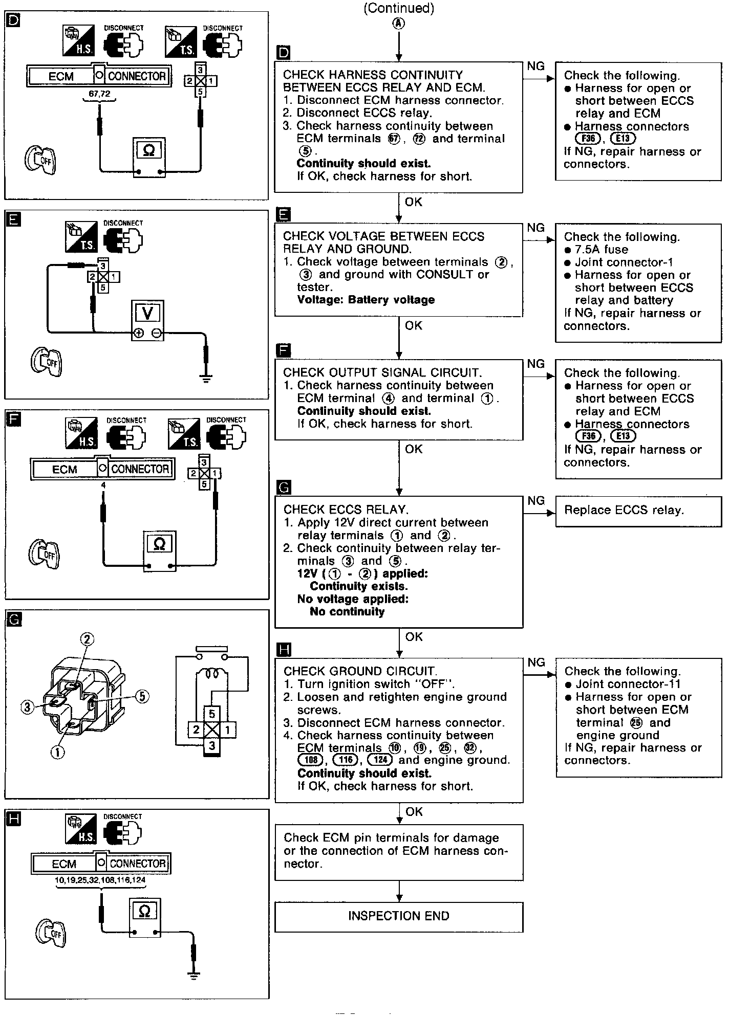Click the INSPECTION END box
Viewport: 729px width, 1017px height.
click(x=398, y=916)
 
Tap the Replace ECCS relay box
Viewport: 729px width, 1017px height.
click(x=638, y=511)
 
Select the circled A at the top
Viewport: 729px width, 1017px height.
click(x=398, y=24)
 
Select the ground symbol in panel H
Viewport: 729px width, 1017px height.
click(x=194, y=975)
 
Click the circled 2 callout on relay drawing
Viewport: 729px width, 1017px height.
click(x=87, y=639)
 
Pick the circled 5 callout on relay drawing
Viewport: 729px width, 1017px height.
click(x=142, y=696)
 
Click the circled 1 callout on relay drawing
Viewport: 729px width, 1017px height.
click(x=57, y=751)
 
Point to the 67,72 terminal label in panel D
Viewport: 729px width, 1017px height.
click(x=99, y=94)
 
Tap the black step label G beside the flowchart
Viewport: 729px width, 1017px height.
click(x=283, y=488)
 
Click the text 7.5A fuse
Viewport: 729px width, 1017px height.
click(x=601, y=250)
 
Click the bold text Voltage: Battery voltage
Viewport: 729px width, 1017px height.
click(x=366, y=300)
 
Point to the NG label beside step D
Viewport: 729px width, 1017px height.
click(x=535, y=67)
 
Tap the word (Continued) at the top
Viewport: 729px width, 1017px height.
click(x=398, y=8)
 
